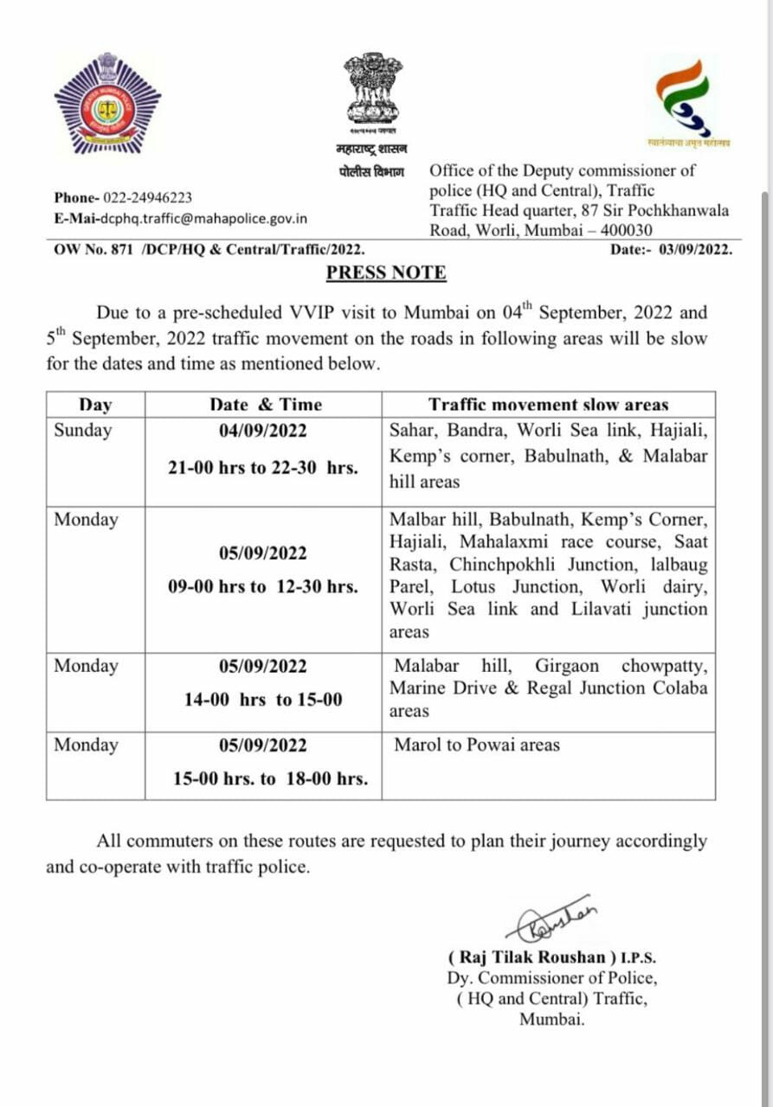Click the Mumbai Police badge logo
107,104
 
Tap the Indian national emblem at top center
372,89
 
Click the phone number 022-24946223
148,198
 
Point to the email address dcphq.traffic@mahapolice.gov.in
203,219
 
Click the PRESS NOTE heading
386,273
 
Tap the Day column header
95,405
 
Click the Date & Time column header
265,405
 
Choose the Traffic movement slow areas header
549,405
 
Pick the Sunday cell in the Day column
83,431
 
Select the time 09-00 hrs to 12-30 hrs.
263,586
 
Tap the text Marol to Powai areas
477,745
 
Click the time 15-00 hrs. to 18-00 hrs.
270,778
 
